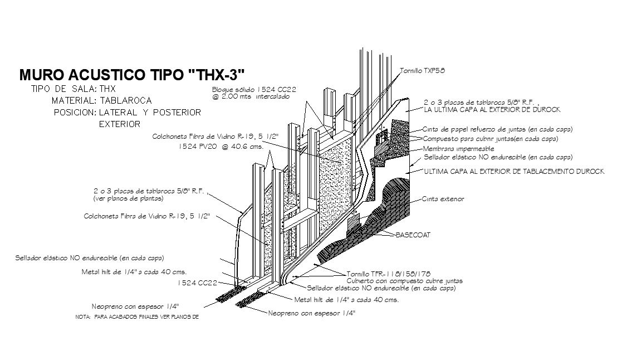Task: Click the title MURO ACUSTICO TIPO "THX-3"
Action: click(x=132, y=75)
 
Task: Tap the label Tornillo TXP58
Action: click(x=422, y=71)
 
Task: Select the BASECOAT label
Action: click(x=413, y=235)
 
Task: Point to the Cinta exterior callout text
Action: click(x=443, y=198)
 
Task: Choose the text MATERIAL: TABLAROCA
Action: click(x=101, y=101)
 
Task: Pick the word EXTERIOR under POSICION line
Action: click(x=120, y=124)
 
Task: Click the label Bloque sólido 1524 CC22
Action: click(x=253, y=89)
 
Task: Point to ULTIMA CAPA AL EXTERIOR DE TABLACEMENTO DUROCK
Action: click(x=514, y=172)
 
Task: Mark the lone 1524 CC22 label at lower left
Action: click(x=197, y=283)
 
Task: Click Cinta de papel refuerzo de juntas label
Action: click(x=498, y=129)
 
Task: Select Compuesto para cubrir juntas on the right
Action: click(x=490, y=139)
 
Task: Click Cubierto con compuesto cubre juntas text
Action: click(x=404, y=281)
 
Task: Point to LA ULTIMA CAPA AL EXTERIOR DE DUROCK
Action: click(x=492, y=110)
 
